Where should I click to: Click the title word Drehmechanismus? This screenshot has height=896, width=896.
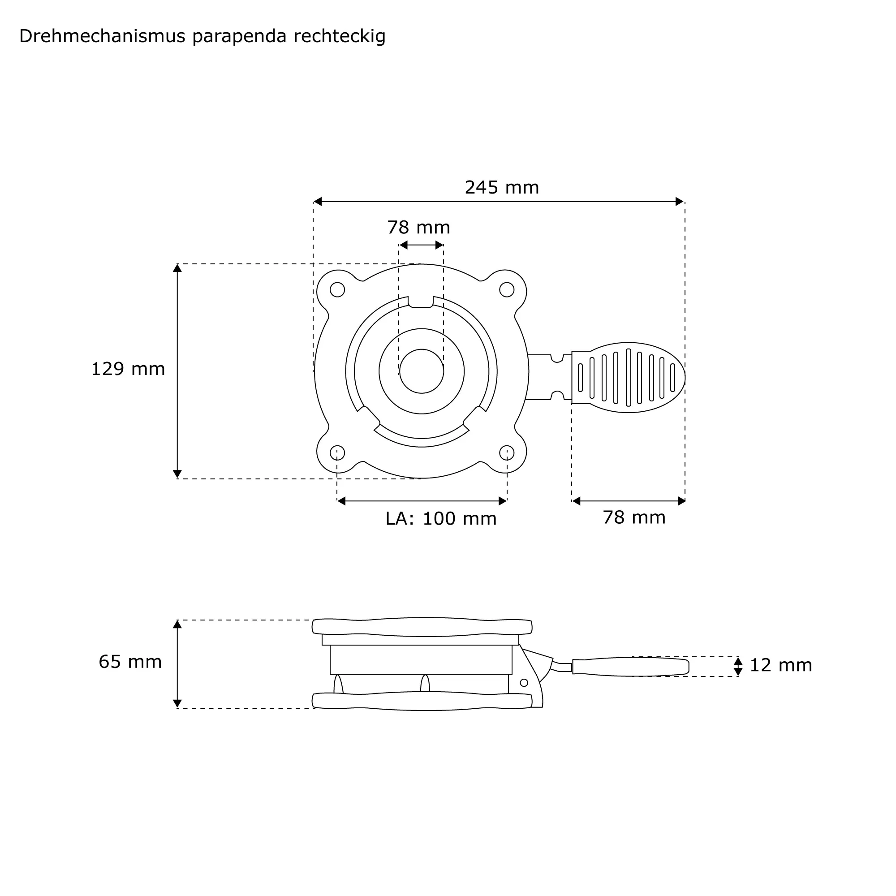click(x=103, y=36)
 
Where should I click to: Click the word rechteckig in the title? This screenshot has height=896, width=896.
click(x=340, y=37)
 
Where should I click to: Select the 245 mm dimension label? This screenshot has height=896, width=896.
click(x=502, y=187)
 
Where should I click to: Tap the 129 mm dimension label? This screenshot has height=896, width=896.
click(x=128, y=369)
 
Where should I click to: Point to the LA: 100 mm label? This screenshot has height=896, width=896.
click(x=441, y=518)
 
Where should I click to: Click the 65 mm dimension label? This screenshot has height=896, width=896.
click(x=130, y=662)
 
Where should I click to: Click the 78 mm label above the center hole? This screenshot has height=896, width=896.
click(x=419, y=227)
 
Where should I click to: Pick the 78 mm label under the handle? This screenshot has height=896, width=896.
click(x=634, y=517)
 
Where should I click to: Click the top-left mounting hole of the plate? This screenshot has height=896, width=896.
click(x=337, y=290)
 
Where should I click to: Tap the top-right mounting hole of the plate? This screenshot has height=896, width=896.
click(x=506, y=290)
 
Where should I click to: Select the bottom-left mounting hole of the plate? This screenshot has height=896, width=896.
click(x=337, y=452)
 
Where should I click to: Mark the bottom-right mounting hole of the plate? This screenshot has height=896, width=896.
click(x=506, y=452)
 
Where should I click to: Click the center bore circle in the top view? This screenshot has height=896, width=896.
click(x=422, y=371)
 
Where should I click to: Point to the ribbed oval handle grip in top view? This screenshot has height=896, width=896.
click(x=629, y=378)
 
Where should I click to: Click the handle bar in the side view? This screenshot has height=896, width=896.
click(x=631, y=667)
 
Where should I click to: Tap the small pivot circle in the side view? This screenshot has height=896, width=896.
click(x=524, y=683)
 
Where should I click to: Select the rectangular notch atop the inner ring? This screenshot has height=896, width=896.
click(x=421, y=302)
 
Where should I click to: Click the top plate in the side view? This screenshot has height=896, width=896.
click(x=422, y=627)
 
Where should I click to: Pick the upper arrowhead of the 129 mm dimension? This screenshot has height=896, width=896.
click(x=177, y=268)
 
